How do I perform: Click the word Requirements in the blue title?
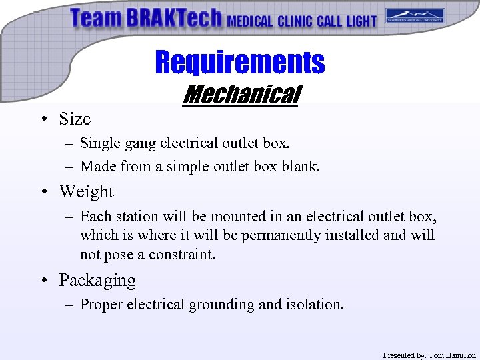239,63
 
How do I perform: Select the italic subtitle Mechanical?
242,95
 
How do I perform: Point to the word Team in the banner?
95,18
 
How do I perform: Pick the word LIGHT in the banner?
361,21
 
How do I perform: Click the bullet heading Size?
74,119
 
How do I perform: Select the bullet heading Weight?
86,191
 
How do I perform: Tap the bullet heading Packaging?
97,280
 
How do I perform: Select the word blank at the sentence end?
303,167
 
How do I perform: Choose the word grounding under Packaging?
222,305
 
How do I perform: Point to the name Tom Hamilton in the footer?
452,355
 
